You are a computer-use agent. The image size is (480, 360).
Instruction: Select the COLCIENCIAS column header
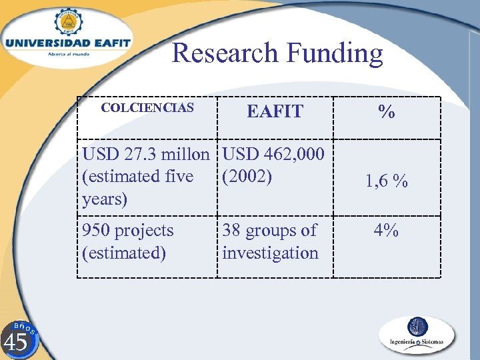click(x=147, y=107)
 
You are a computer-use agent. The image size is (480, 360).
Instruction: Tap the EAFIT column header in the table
click(x=275, y=111)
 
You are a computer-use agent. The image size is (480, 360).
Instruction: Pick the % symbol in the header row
click(x=386, y=112)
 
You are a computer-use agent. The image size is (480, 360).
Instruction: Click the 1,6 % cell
click(x=386, y=181)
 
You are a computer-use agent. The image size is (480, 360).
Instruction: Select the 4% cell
click(x=386, y=231)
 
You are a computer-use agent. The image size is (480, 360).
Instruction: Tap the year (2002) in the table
click(x=247, y=177)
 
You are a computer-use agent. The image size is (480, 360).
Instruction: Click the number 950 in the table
click(x=95, y=231)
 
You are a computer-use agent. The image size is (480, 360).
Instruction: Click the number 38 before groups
click(x=232, y=231)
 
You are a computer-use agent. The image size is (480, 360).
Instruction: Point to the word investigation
click(x=271, y=253)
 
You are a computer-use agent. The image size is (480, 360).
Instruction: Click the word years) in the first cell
click(x=105, y=199)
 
